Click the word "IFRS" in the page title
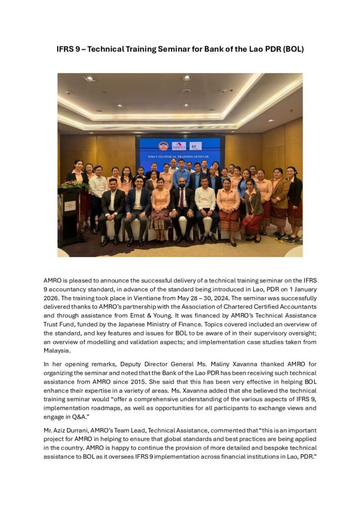[66, 50]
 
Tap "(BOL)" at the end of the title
[292, 50]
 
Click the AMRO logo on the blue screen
[179, 146]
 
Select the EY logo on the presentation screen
[195, 146]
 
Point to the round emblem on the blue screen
[163, 146]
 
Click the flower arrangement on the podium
[75, 184]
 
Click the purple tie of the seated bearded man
[182, 200]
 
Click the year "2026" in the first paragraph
[54, 298]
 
